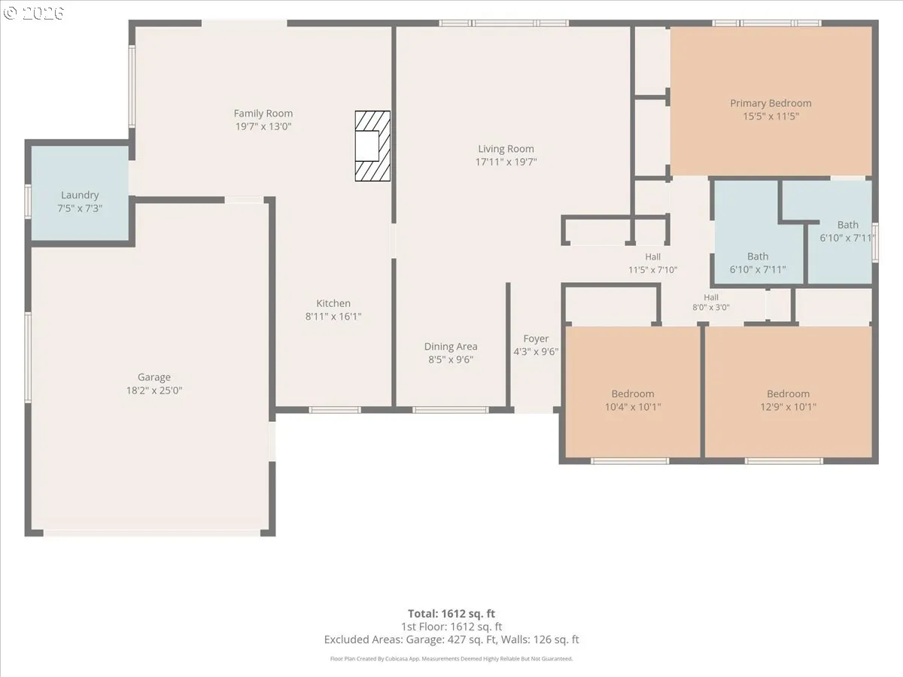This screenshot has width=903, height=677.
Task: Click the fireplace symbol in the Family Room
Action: tap(372, 146)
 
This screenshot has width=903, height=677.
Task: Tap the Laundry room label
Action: tap(80, 195)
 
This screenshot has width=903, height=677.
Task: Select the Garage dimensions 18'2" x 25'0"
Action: tap(154, 390)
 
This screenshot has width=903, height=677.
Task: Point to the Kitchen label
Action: tap(333, 303)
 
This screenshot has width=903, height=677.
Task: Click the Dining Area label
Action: tap(451, 347)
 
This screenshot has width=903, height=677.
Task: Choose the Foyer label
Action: tap(536, 338)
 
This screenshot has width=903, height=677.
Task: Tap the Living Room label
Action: tap(506, 149)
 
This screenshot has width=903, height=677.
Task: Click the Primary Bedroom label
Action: tap(771, 103)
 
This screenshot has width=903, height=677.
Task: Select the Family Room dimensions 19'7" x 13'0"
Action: tap(263, 126)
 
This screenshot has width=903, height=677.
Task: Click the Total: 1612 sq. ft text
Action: tap(451, 614)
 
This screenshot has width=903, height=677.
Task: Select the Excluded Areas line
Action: tap(451, 639)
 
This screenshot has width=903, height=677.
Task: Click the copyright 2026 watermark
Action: tap(34, 13)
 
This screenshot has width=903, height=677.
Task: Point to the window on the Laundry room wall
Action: tap(28, 202)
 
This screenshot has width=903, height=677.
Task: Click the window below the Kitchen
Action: tap(334, 410)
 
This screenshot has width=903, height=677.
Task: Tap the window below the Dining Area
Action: tap(451, 410)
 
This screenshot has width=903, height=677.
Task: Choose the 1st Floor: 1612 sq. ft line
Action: tap(451, 627)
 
